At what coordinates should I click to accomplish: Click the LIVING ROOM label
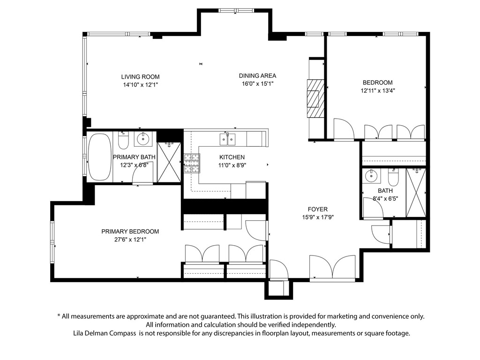pyautogui.click(x=140, y=77)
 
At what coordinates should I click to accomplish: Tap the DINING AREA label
pyautogui.click(x=257, y=75)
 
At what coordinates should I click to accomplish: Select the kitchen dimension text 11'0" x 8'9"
pyautogui.click(x=232, y=165)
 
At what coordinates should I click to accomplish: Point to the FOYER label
pyautogui.click(x=318, y=210)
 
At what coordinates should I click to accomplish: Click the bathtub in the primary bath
pyautogui.click(x=100, y=157)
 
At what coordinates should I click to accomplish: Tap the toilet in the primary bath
pyautogui.click(x=124, y=141)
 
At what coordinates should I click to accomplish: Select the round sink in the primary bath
pyautogui.click(x=142, y=139)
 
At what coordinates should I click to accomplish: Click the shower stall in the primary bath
pyautogui.click(x=169, y=162)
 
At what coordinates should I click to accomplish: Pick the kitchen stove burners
pyautogui.click(x=192, y=163)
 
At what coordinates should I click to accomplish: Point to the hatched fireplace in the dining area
pyautogui.click(x=315, y=98)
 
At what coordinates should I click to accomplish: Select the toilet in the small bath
pyautogui.click(x=393, y=177)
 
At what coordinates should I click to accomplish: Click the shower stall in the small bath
pyautogui.click(x=416, y=193)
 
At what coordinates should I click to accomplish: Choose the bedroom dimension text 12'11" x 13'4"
pyautogui.click(x=377, y=90)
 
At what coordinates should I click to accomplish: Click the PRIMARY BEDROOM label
pyautogui.click(x=130, y=232)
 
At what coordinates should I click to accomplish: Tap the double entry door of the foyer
pyautogui.click(x=332, y=267)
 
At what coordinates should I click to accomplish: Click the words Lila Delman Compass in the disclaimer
pyautogui.click(x=105, y=333)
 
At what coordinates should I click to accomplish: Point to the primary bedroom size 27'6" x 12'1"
pyautogui.click(x=130, y=240)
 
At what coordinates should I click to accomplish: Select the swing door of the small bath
pyautogui.click(x=373, y=208)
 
